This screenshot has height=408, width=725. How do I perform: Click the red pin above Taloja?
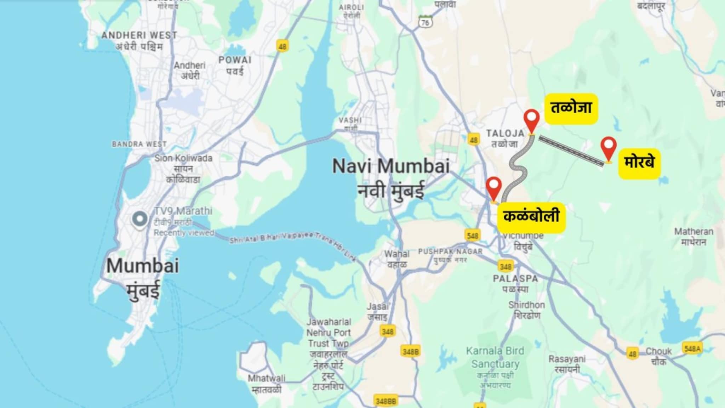(531, 119)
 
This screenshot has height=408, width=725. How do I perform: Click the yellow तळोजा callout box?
(571, 108)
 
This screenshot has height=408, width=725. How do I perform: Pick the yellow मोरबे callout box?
(639, 163)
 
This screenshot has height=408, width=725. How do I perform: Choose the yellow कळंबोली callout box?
(531, 217)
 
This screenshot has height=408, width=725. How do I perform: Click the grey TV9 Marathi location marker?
(139, 219)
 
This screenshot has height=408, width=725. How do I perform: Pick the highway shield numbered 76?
(425, 22)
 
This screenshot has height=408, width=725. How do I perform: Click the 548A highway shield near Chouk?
(692, 348)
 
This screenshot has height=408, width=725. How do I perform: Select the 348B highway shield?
(411, 351)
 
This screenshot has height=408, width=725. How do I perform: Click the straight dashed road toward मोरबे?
(571, 151)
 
